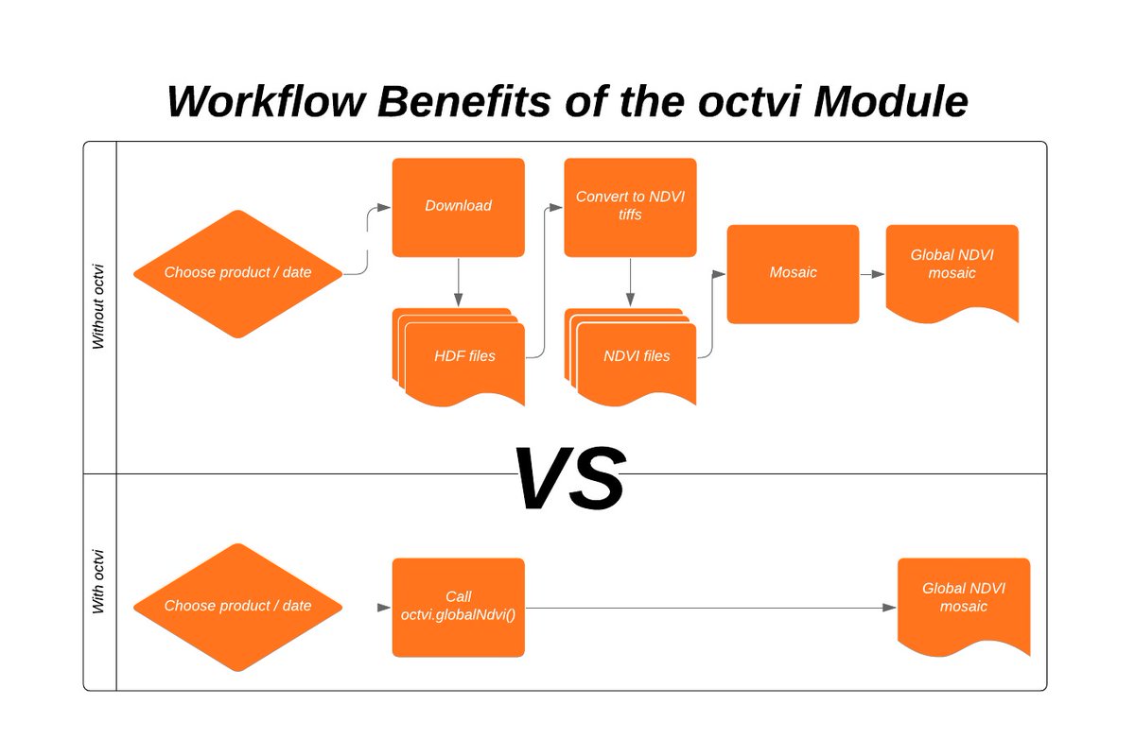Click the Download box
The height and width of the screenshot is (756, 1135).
(x=458, y=206)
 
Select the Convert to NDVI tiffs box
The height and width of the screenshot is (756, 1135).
(x=630, y=206)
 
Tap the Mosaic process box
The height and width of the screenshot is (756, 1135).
(x=793, y=273)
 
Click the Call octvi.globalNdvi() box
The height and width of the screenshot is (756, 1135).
(x=458, y=607)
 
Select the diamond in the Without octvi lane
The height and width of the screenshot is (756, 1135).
(x=237, y=273)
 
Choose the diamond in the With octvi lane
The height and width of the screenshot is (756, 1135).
(x=237, y=607)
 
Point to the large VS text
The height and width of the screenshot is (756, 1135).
(x=568, y=478)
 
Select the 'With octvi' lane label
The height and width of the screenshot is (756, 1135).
(x=99, y=581)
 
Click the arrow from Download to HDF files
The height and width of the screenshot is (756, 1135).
(x=458, y=282)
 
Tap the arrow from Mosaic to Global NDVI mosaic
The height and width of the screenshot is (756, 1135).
(x=872, y=274)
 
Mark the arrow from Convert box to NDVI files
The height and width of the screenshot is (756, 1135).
(x=630, y=282)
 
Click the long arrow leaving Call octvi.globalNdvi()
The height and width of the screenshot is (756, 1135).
(x=709, y=608)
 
